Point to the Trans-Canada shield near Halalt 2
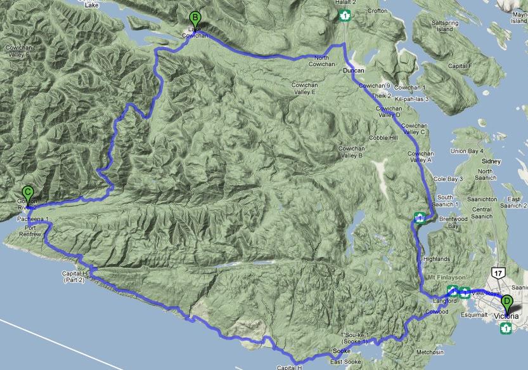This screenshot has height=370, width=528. (345, 16)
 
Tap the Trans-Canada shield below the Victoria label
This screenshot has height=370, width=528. (506, 327)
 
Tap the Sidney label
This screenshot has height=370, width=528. (491, 161)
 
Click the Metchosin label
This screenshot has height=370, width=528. (430, 352)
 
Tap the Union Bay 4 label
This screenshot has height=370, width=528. (467, 150)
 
